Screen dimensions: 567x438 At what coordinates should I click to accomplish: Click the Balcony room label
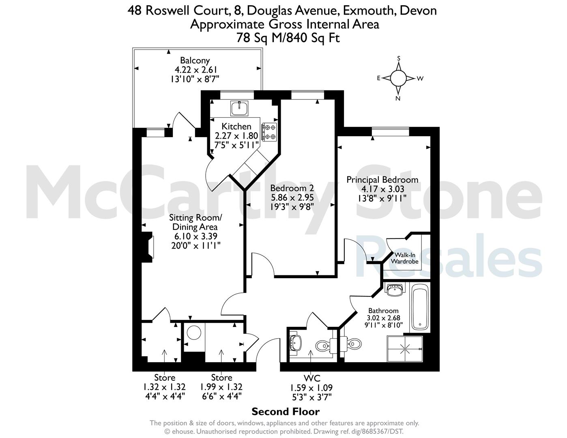pos(195,60)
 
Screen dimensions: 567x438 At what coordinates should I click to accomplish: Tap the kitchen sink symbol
pos(239,108)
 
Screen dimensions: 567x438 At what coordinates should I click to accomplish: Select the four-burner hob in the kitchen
pos(269,132)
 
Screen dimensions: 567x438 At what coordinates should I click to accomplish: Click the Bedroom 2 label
pos(292,188)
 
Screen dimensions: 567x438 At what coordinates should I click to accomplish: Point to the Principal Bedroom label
pos(382,180)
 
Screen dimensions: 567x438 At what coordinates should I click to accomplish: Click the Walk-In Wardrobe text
pos(405,258)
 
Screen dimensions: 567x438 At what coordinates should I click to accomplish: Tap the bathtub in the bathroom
pos(420,307)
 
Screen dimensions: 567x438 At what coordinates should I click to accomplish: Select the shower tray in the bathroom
pos(405,349)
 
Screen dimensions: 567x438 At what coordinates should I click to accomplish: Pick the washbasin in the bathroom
pos(395,290)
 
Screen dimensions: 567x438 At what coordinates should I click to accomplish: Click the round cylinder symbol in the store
pos(194,333)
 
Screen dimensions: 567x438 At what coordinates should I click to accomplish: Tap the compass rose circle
pos(398,78)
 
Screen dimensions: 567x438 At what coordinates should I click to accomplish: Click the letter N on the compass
pos(398,99)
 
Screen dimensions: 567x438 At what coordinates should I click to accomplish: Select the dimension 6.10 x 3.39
pos(196,236)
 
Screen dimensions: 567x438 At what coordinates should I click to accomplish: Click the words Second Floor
pos(286,412)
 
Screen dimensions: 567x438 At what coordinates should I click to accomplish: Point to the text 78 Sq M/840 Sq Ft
pos(288,38)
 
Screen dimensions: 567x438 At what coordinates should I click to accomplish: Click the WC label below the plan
pos(312,378)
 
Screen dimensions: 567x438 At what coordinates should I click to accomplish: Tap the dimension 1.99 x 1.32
pos(221,387)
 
